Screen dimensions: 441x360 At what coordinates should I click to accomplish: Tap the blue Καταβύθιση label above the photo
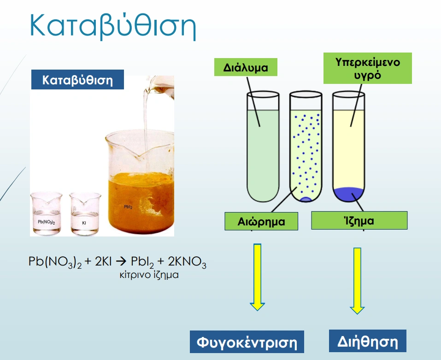77,80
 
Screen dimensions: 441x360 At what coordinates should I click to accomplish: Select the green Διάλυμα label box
246,67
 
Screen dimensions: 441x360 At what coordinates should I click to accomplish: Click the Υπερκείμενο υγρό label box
367,68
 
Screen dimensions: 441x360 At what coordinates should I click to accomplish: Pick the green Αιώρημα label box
261,221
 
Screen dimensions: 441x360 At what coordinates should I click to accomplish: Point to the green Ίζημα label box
359,220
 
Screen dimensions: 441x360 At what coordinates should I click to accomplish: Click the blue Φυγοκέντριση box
247,342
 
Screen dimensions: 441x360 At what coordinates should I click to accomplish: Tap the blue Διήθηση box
368,341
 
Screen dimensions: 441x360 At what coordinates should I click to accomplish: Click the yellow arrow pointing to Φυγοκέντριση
257,277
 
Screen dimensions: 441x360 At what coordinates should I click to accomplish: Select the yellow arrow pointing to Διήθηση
357,281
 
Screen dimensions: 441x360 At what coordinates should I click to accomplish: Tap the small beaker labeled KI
85,214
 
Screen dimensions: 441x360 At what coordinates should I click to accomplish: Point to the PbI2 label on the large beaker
128,207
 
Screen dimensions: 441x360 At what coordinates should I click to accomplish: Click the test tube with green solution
263,146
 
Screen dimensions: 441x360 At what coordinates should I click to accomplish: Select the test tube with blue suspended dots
306,146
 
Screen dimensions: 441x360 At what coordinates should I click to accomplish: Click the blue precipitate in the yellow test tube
349,194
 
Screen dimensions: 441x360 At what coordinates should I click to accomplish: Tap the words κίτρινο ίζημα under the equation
149,275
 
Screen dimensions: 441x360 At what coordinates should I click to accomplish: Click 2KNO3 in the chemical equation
187,262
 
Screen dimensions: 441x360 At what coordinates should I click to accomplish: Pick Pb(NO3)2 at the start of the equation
55,262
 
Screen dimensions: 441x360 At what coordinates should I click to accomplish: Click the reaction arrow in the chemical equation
121,262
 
